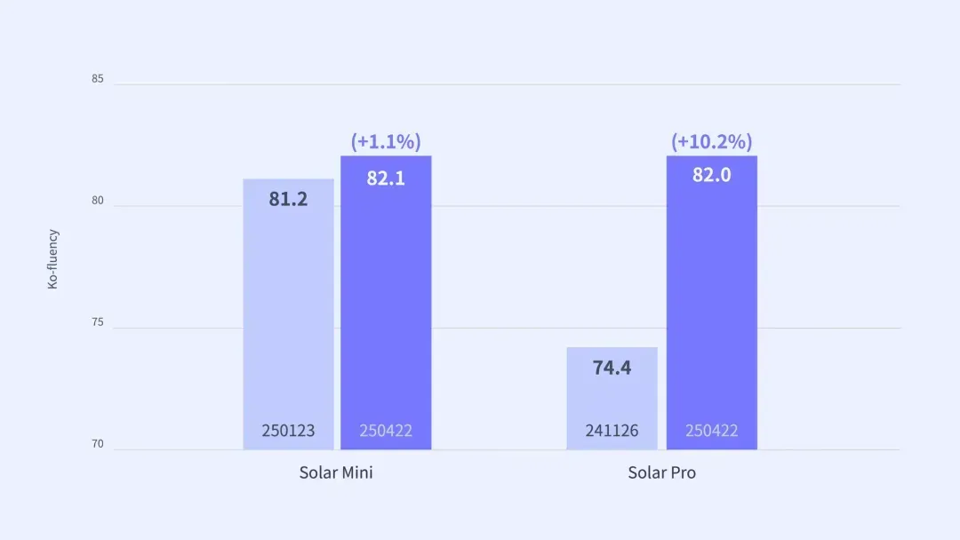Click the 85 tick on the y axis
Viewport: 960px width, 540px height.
(x=97, y=79)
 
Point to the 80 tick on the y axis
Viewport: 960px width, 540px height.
(x=97, y=201)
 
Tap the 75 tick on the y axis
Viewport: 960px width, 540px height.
(x=97, y=322)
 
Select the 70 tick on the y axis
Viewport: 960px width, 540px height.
(x=97, y=444)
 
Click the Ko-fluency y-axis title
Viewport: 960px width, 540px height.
(x=52, y=259)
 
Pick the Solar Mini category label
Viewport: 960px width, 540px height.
(x=336, y=472)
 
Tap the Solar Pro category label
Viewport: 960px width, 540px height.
(x=661, y=472)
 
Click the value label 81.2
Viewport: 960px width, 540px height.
(x=288, y=199)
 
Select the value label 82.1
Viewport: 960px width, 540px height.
(x=386, y=178)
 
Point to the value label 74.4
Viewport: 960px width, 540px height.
(x=612, y=368)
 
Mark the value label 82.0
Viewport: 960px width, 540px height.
(x=711, y=175)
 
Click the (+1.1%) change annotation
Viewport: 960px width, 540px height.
(x=386, y=141)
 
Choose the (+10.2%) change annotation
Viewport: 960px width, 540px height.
(x=711, y=141)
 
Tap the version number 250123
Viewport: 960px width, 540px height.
(x=288, y=431)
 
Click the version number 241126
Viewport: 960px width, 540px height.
(x=612, y=431)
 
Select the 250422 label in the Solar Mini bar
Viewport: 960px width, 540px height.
(x=386, y=431)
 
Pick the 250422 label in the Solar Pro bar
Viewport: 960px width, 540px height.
(x=711, y=431)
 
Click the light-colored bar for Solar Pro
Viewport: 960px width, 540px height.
(x=612, y=400)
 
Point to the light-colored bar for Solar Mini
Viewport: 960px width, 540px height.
(x=288, y=311)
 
